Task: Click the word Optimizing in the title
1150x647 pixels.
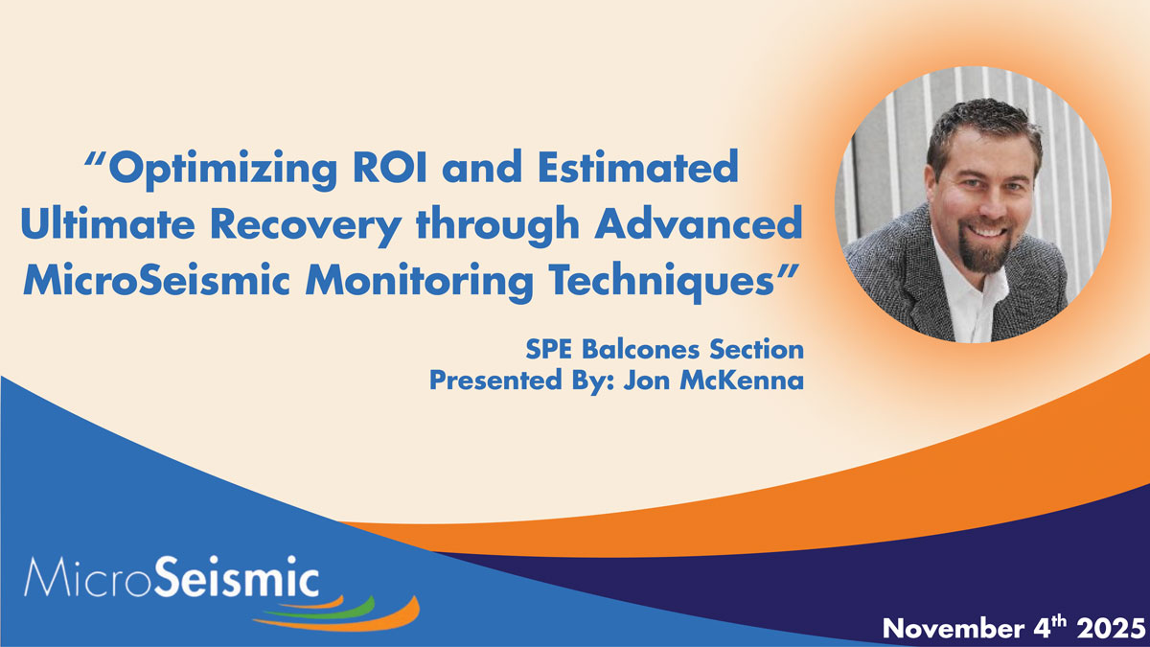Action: (221, 170)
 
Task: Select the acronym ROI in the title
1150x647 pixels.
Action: (391, 167)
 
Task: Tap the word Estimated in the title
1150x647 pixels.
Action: (637, 167)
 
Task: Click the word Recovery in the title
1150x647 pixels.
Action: (307, 227)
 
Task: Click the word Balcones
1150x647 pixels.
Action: (641, 350)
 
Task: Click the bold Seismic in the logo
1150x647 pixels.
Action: (237, 576)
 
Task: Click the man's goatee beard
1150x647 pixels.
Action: (984, 253)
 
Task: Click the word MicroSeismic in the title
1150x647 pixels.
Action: (156, 280)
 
